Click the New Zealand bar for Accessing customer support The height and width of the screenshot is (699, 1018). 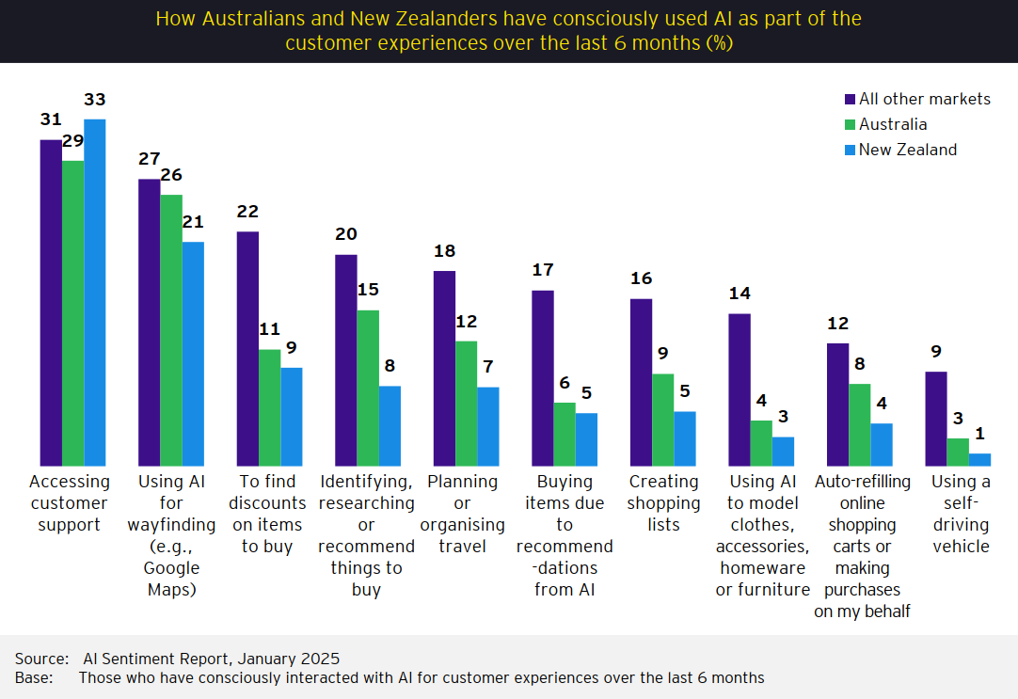coord(95,293)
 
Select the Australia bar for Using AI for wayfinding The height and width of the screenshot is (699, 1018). coord(171,330)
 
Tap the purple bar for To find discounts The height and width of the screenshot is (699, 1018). coord(247,349)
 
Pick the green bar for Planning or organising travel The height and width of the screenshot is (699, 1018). coord(467,404)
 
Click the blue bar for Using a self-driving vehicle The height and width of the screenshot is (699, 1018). coord(980,460)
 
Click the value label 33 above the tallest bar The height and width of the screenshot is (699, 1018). coord(95,99)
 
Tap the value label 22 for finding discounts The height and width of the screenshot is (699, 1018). coord(247,212)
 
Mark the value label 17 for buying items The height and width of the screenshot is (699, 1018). coord(543,270)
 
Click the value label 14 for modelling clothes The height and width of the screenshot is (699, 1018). coord(740,294)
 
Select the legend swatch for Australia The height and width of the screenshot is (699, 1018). coord(850,124)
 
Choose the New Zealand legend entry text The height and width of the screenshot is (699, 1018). coord(908,150)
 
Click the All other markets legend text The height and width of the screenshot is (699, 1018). coord(925,99)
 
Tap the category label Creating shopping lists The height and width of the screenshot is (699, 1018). coord(664,503)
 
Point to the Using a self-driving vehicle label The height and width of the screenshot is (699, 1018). coord(961,514)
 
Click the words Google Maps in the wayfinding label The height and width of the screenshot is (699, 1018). coord(171,579)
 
